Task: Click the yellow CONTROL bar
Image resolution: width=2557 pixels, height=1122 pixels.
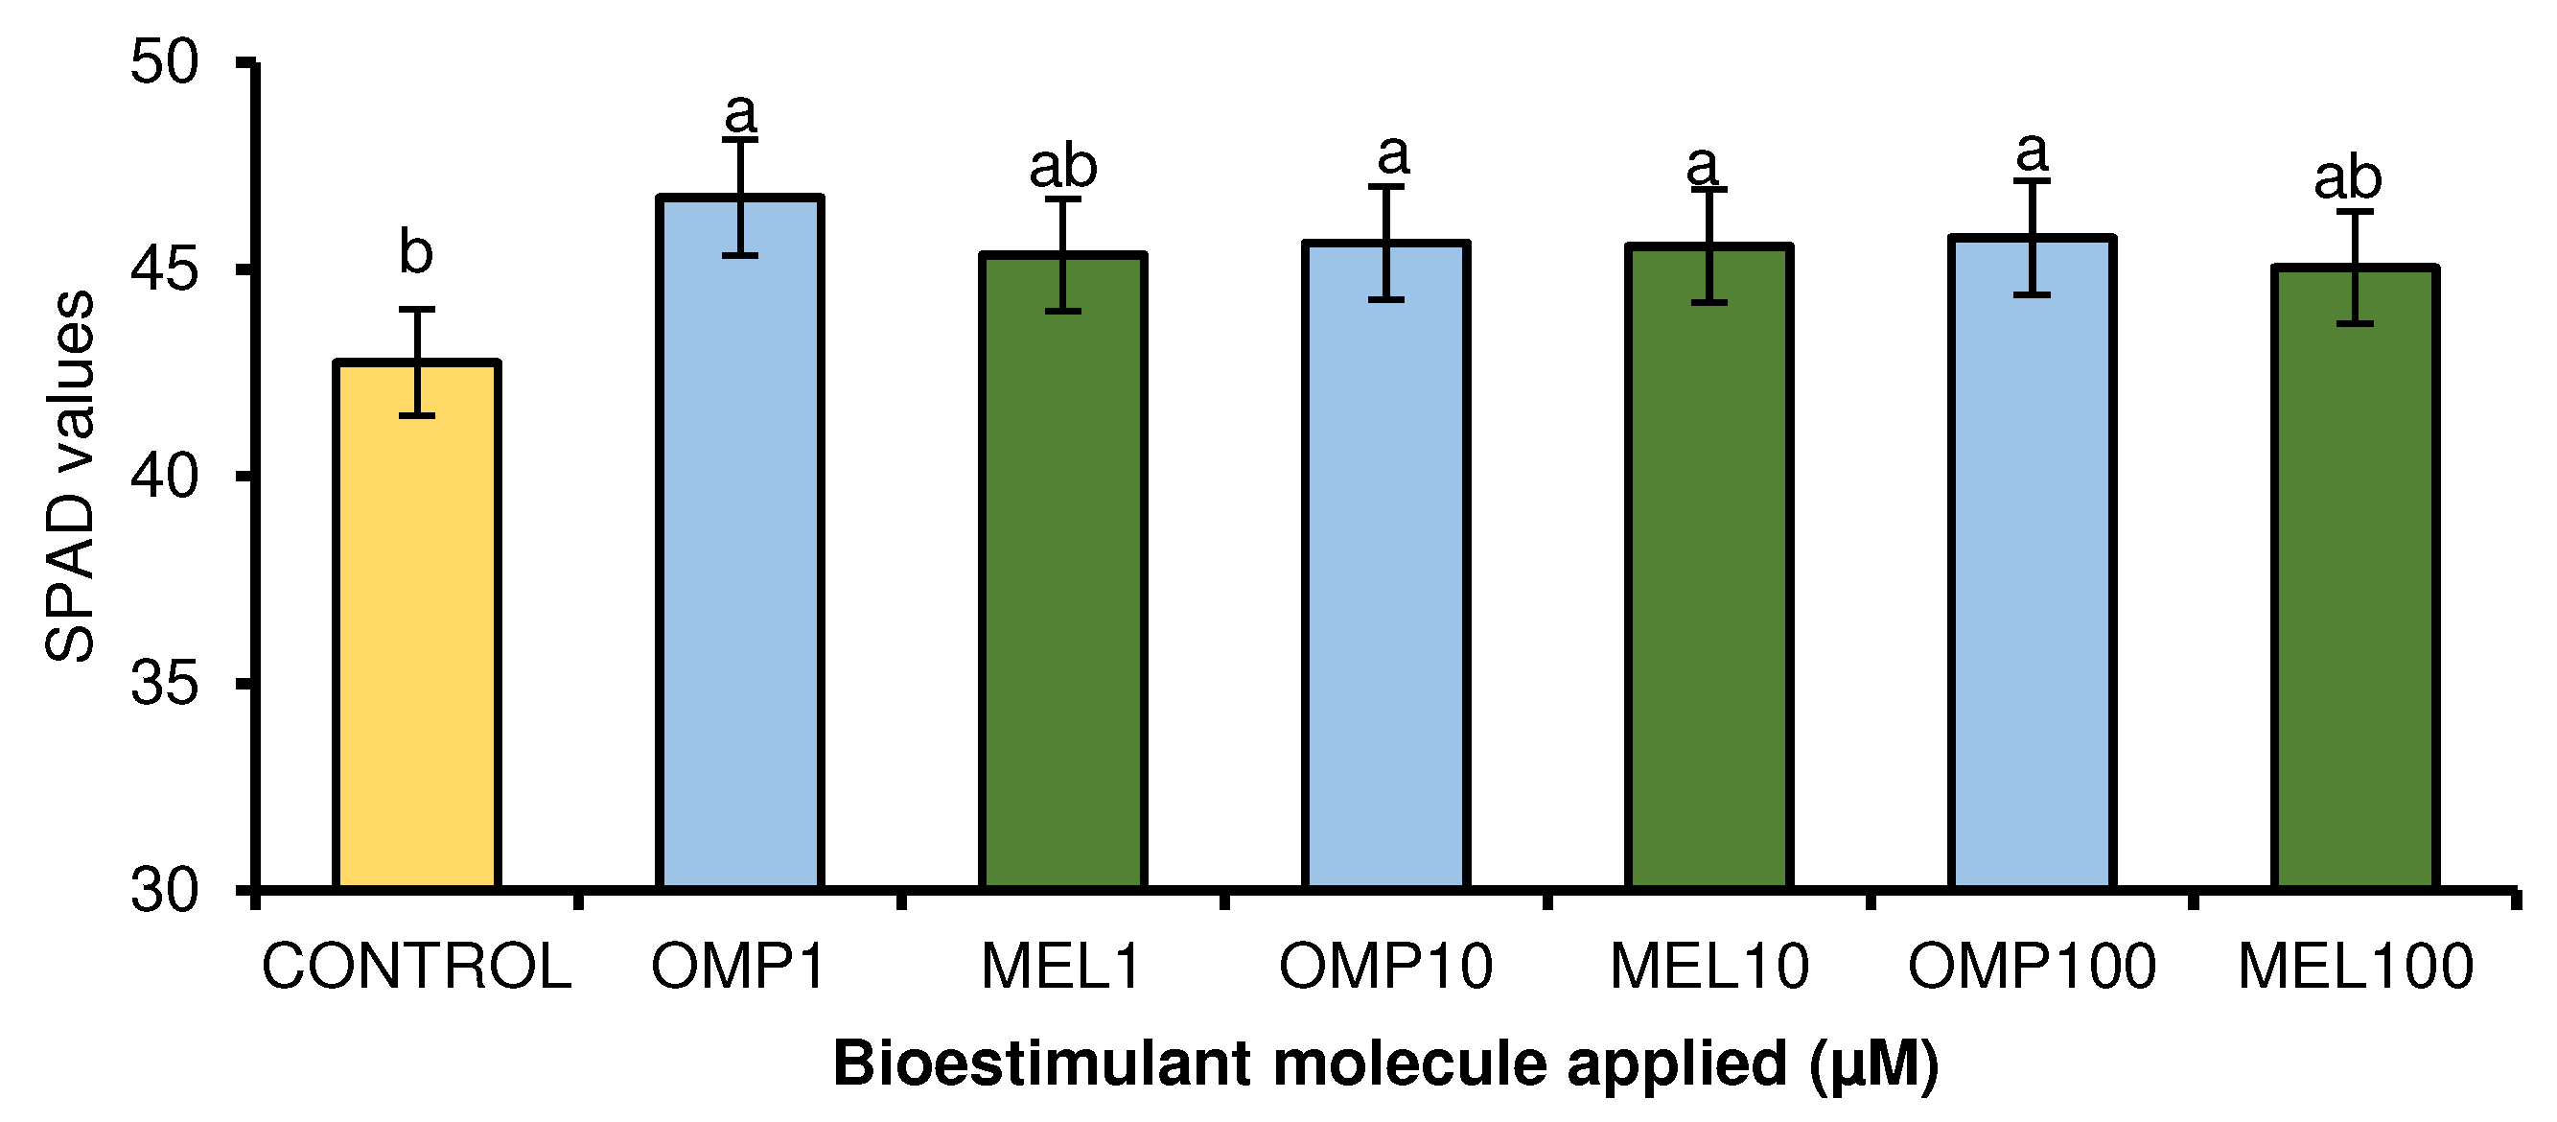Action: point(417,625)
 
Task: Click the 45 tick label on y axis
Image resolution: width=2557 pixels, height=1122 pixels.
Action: point(165,269)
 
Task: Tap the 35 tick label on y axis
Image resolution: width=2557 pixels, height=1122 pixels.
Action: point(165,683)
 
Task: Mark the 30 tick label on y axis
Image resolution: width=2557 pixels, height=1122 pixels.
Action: point(165,890)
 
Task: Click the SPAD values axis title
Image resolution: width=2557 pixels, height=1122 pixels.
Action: point(69,477)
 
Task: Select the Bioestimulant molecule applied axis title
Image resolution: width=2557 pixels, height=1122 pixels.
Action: point(1384,1064)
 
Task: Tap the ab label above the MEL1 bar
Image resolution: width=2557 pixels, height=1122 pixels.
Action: point(1063,166)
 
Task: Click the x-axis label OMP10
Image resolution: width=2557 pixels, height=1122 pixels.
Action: point(1385,966)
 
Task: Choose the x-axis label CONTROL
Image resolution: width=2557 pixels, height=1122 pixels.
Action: point(417,966)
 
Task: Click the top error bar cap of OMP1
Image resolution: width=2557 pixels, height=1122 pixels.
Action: point(739,141)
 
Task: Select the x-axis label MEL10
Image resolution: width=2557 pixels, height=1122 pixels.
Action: point(1709,966)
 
